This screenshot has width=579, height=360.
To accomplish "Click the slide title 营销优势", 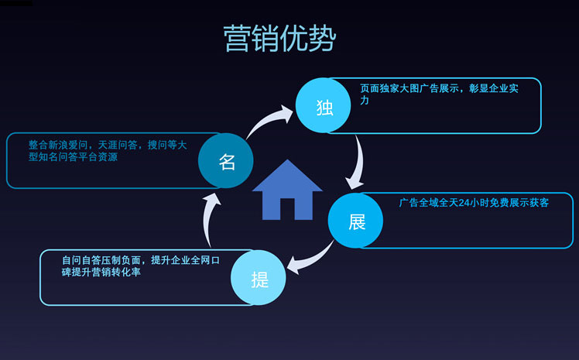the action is click(279, 39).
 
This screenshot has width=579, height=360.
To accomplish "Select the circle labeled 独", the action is click(323, 105).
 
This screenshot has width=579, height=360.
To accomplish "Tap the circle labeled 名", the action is click(225, 160).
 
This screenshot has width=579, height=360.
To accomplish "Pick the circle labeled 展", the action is click(355, 221).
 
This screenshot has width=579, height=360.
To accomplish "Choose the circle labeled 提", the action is click(259, 278).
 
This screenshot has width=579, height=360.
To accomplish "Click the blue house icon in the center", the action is click(287, 190).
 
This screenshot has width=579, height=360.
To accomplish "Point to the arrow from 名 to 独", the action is click(268, 120).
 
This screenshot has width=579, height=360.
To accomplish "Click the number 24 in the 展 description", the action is click(464, 203).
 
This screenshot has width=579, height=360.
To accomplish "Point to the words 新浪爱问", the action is click(68, 145).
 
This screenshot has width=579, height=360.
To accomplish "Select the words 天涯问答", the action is click(118, 145).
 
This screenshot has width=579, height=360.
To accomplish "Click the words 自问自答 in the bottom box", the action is click(81, 260).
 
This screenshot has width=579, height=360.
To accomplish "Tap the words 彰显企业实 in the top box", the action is click(494, 88).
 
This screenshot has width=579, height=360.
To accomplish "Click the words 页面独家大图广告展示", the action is click(409, 88).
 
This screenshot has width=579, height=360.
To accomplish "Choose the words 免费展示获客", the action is click(519, 203).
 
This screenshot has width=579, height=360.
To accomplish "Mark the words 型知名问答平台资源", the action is click(73, 157).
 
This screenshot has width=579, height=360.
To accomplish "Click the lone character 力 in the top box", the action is click(365, 101).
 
